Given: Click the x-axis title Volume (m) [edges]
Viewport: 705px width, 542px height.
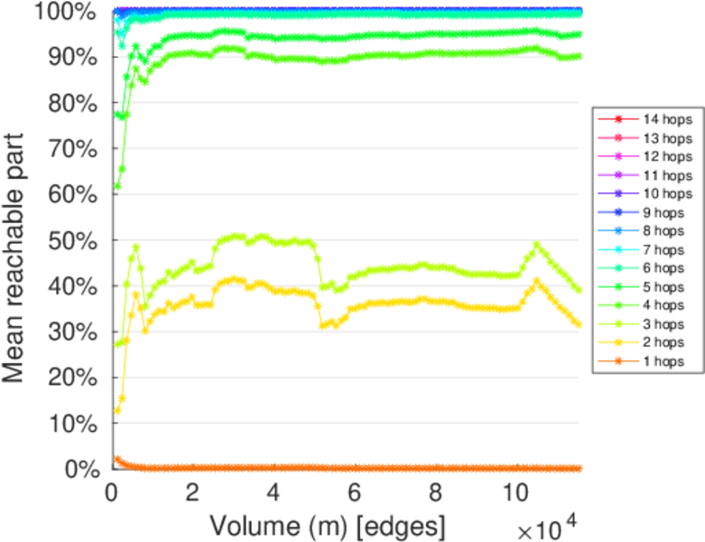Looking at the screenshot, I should pyautogui.click(x=327, y=525).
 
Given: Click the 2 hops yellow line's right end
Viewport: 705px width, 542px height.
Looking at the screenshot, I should pyautogui.click(x=578, y=324).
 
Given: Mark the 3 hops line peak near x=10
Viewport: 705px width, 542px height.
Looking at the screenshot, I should pyautogui.click(x=537, y=244).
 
